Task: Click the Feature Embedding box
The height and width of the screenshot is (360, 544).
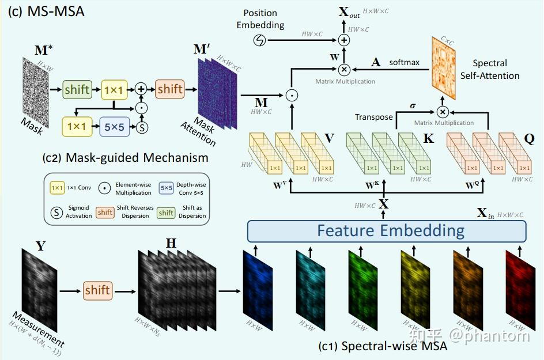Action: click(387, 231)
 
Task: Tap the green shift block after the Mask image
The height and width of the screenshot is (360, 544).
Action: click(77, 89)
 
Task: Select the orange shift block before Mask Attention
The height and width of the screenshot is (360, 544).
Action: click(170, 89)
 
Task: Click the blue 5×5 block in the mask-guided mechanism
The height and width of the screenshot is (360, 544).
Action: click(115, 126)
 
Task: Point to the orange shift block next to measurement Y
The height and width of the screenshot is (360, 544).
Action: click(97, 290)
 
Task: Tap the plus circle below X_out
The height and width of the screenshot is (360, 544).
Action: click(344, 40)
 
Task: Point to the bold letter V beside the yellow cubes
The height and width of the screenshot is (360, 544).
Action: click(330, 138)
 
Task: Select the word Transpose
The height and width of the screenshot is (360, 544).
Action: click(373, 117)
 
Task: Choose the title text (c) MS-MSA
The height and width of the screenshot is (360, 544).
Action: click(45, 11)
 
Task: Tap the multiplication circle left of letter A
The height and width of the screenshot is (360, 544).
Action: click(344, 70)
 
